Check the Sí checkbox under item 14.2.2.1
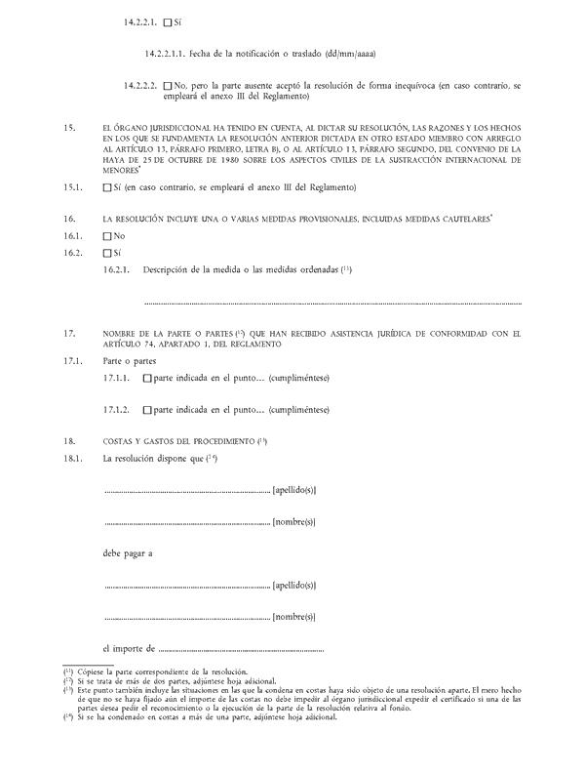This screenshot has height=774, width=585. (168, 21)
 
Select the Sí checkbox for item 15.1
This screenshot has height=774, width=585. (106, 187)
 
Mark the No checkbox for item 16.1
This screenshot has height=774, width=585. (106, 236)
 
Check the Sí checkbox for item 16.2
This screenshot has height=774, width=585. (106, 253)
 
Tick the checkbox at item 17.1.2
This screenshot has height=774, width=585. (147, 410)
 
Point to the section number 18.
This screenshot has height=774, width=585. (69, 441)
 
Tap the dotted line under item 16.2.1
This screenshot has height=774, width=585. (331, 303)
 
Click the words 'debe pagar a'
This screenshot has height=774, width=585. (128, 553)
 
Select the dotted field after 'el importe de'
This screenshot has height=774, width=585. (240, 648)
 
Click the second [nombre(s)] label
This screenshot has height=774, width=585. (294, 617)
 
